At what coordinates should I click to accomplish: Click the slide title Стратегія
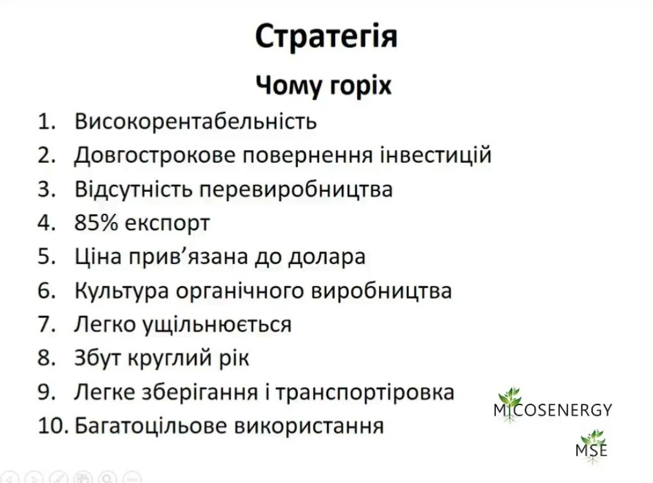point(326,36)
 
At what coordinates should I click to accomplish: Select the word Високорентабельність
point(195,121)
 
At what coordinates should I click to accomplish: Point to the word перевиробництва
point(295,190)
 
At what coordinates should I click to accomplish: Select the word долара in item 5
point(327,257)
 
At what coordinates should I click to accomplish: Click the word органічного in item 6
point(240,291)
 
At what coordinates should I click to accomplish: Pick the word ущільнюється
point(217,325)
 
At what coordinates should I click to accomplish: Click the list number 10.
point(53,426)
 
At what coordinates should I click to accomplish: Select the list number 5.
point(47,257)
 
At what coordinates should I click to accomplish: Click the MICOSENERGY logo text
point(552,410)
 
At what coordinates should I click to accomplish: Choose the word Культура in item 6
point(121,291)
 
